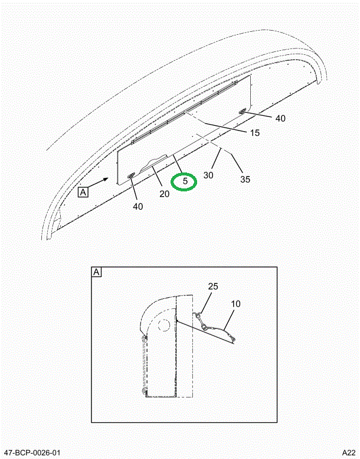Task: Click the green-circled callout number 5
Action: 185,181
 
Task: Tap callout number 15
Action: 255,133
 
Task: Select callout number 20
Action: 164,194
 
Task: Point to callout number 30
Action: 208,175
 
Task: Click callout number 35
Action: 245,179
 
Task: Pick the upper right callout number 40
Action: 280,118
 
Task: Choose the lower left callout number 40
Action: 138,206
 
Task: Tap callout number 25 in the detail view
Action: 213,287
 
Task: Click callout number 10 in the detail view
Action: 235,304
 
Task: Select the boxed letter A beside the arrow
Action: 83,193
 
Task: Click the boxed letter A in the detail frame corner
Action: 97,272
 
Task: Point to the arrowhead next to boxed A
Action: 106,178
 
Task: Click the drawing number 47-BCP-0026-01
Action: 32,453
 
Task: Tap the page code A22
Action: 349,453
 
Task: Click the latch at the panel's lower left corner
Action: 130,175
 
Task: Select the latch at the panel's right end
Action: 243,111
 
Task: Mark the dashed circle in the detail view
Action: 163,325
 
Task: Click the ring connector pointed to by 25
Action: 198,315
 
